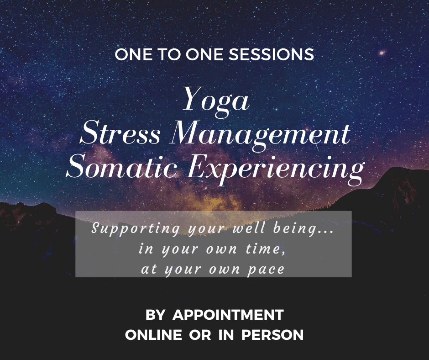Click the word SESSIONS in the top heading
pyautogui.click(x=271, y=54)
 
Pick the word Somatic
pyautogui.click(x=122, y=167)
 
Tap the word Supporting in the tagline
pyautogui.click(x=136, y=228)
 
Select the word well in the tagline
pyautogui.click(x=249, y=228)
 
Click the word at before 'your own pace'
pyautogui.click(x=149, y=269)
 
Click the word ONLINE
pyautogui.click(x=153, y=335)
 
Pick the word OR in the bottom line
pyautogui.click(x=200, y=335)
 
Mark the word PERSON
pyautogui.click(x=272, y=335)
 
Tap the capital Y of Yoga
pyautogui.click(x=193, y=98)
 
